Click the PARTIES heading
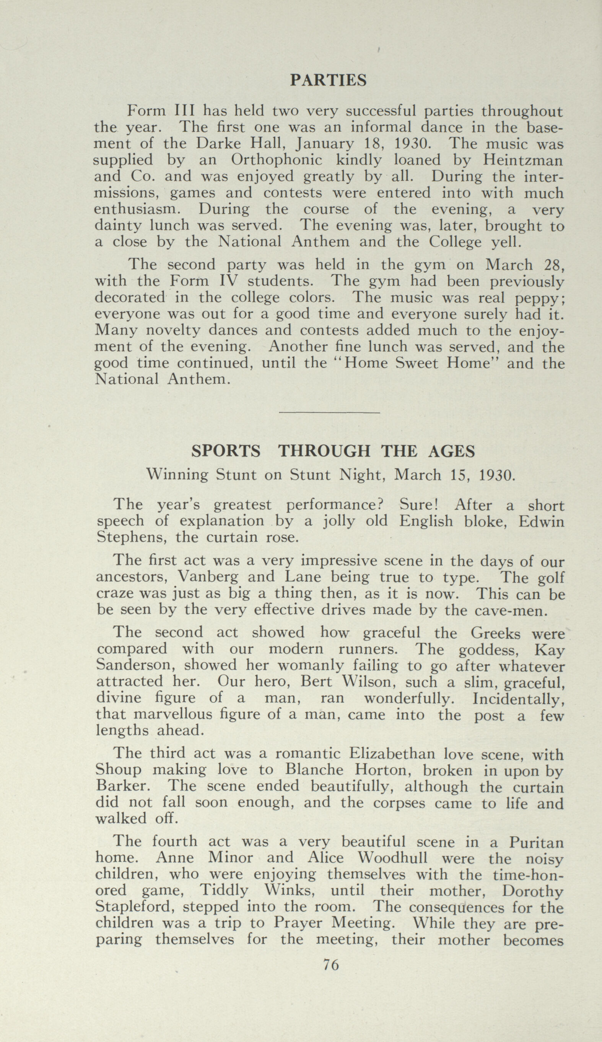(328, 80)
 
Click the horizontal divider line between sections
(329, 413)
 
